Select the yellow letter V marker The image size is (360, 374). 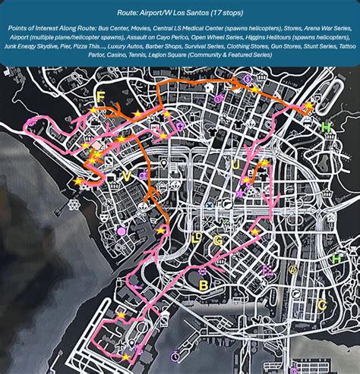tap(126, 176)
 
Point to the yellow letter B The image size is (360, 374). tap(203, 284)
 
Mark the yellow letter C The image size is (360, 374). tap(321, 305)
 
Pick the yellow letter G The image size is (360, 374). tap(217, 240)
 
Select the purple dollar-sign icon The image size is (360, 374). tap(247, 79)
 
